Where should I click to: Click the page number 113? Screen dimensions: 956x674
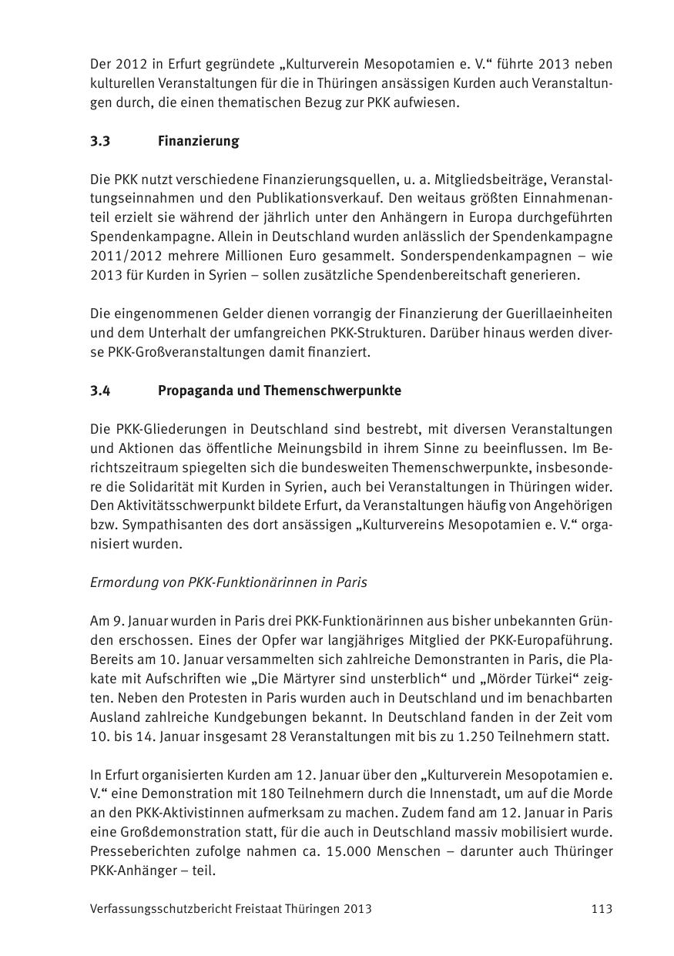(602, 909)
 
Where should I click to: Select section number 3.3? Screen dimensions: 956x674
(100, 141)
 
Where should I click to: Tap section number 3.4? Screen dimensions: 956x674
(100, 391)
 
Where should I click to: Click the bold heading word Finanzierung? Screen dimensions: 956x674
(198, 141)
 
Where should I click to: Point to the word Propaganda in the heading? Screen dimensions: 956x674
(194, 391)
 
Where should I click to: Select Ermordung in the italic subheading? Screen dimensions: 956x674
(119, 582)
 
